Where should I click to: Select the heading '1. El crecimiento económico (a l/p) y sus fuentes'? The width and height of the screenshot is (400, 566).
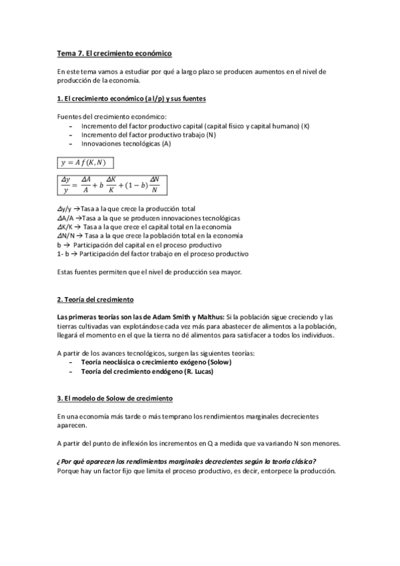[131, 99]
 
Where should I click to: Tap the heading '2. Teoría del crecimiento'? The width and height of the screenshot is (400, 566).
[95, 300]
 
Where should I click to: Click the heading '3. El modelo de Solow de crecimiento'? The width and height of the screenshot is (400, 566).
[114, 398]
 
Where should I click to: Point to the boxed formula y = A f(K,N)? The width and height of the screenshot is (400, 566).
[87, 162]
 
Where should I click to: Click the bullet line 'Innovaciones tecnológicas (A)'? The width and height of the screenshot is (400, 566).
[126, 143]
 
